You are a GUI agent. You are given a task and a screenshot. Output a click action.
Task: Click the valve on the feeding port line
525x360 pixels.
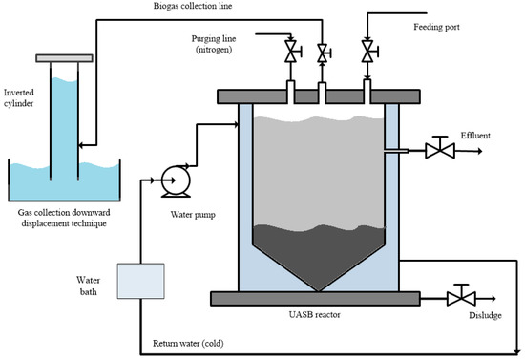(x=367, y=51)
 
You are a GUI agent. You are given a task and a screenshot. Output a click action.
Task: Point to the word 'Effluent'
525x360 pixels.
(x=474, y=137)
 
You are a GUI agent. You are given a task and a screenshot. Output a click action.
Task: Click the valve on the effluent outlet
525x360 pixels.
(x=439, y=149)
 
